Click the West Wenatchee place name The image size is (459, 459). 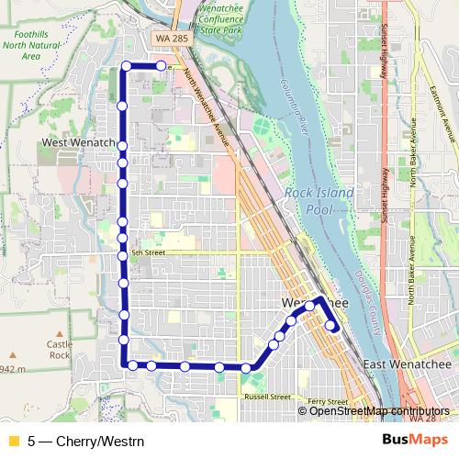tap(77, 144)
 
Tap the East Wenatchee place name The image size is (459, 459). tap(408, 365)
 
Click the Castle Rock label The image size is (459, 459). tap(60, 349)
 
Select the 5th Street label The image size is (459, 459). tap(147, 252)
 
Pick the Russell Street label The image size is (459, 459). tap(267, 397)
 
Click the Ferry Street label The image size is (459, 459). tap(328, 402)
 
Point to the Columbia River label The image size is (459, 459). tap(285, 110)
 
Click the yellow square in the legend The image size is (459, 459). tap(13, 439)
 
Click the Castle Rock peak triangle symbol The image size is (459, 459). tap(61, 334)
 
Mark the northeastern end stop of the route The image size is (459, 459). tap(161, 66)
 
